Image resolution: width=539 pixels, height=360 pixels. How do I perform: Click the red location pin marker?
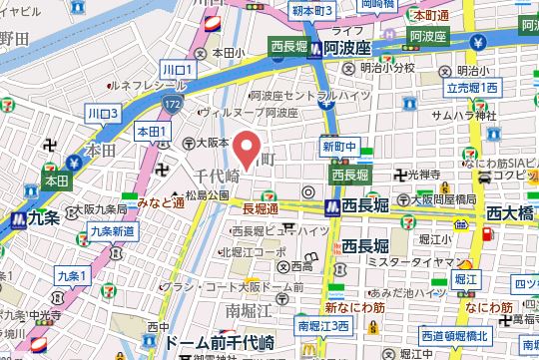coord(250,150)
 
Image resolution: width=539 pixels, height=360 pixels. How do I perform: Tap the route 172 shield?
coord(174,103)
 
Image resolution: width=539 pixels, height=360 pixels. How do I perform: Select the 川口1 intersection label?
coord(177,69)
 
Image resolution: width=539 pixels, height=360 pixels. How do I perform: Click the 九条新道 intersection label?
coord(112,230)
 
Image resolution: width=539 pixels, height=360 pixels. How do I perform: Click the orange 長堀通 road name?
coord(262,208)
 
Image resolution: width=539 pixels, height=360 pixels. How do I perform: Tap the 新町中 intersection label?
coord(338,146)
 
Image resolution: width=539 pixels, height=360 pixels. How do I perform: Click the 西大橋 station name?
coord(512,212)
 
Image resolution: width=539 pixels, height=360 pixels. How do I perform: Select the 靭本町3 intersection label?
coord(311,9)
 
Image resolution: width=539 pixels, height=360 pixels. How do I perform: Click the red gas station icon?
coord(487,236)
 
